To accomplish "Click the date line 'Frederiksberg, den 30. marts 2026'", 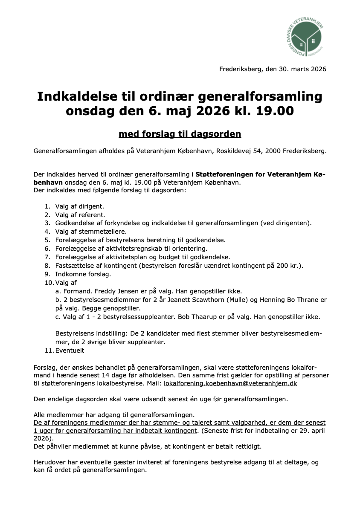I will point(273,69).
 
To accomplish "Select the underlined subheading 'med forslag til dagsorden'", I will point(180,134).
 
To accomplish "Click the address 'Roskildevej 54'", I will point(239,151).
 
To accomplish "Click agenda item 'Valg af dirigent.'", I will point(79,206).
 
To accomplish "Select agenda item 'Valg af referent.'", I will point(80,215).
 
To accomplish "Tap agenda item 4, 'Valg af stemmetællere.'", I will point(91,232).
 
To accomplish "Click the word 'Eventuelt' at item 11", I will point(70,351).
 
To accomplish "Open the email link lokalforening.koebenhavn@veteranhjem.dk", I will point(230,383).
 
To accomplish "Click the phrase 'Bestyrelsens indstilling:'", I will point(91,333).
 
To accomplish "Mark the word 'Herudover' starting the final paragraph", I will point(49,462).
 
